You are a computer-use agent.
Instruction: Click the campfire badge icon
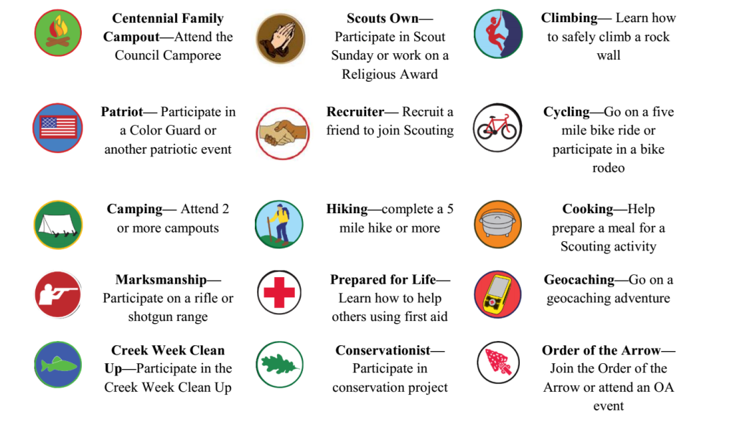tap(58, 33)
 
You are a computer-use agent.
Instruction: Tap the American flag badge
tap(58, 128)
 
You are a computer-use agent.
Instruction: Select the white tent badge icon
tap(58, 225)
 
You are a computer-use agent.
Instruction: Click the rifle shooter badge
tap(58, 295)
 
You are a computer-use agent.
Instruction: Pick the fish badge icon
tap(58, 365)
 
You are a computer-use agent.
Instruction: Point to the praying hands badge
tap(281, 39)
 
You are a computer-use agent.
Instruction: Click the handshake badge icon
tap(283, 134)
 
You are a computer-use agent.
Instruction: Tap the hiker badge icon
tap(279, 225)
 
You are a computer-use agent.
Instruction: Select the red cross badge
tap(279, 292)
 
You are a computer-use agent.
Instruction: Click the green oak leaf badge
tap(280, 365)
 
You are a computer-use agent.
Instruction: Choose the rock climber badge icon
tap(498, 34)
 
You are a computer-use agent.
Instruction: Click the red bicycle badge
tap(497, 128)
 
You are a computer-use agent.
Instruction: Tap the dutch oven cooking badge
tap(498, 225)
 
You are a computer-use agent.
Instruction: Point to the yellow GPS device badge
tap(498, 294)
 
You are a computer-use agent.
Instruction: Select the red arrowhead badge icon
tap(498, 362)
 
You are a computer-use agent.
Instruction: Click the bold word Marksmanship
tap(161, 280)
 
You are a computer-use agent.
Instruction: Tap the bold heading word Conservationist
tap(383, 350)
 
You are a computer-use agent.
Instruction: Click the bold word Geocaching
tap(579, 280)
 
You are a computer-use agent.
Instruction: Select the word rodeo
tap(609, 168)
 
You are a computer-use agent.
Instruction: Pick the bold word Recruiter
tap(355, 112)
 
